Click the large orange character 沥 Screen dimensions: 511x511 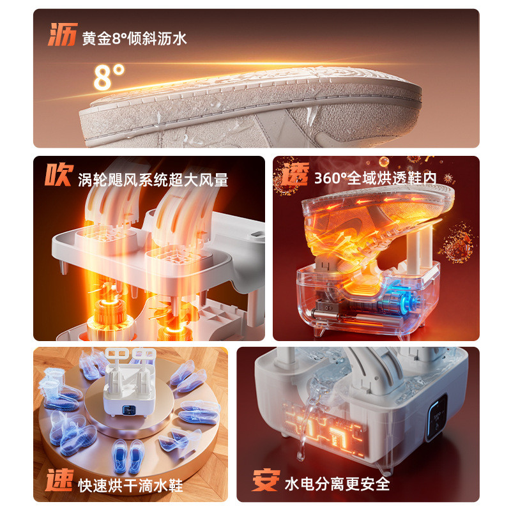63,34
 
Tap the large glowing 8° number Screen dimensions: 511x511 109,77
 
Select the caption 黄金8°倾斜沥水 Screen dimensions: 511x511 134,38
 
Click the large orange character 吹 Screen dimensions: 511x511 59,174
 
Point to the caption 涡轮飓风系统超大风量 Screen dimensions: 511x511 153,179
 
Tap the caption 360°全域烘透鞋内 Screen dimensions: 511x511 376,178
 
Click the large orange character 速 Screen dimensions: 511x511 59,480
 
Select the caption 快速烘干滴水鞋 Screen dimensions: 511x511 130,485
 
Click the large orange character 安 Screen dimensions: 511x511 266,480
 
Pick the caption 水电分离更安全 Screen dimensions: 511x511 337,484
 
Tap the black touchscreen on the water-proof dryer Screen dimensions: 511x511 438,417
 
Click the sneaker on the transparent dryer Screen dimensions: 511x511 375,225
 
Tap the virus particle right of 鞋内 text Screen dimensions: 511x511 449,178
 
